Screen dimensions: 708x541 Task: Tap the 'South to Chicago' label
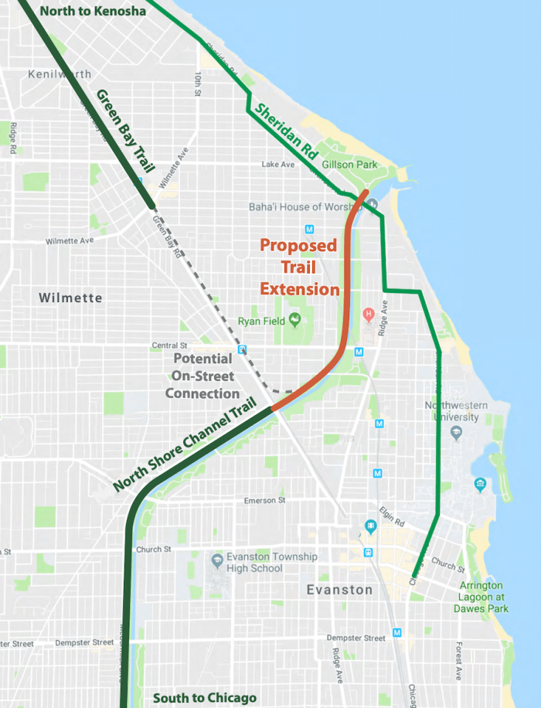(x=204, y=698)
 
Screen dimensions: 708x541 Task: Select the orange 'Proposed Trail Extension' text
(x=299, y=267)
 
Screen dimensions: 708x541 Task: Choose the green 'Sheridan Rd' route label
(x=286, y=132)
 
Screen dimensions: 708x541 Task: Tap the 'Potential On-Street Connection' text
(x=202, y=376)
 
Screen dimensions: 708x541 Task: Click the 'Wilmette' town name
(x=70, y=298)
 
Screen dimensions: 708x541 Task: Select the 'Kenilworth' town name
(x=59, y=75)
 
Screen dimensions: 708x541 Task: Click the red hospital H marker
(x=369, y=314)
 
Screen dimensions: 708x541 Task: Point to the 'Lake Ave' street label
(x=278, y=165)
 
